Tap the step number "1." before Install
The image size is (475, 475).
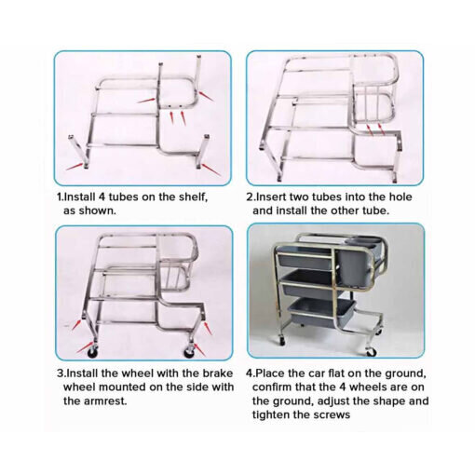[x=61, y=197]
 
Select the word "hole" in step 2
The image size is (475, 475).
[x=400, y=197]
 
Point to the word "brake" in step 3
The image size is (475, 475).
[x=218, y=373]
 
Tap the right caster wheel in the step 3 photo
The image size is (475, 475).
[x=188, y=351]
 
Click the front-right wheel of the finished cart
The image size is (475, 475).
[x=371, y=352]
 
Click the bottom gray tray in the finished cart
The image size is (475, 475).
[x=321, y=312]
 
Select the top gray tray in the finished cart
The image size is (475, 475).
[x=305, y=258]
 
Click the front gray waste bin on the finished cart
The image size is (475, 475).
[x=354, y=265]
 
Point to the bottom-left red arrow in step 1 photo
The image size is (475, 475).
[x=75, y=166]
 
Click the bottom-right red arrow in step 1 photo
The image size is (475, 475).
[x=211, y=170]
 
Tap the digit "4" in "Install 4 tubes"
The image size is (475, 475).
[x=102, y=197]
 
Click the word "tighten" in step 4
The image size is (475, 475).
[x=270, y=414]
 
